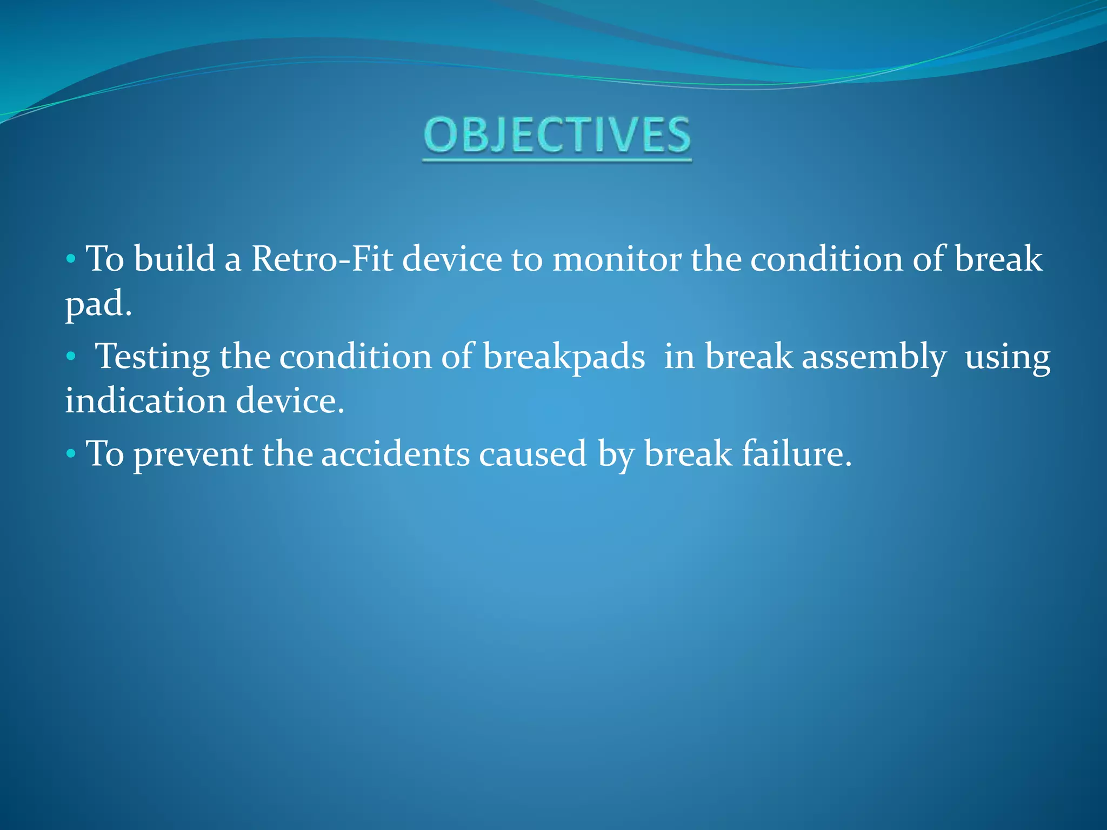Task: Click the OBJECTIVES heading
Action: pyautogui.click(x=557, y=135)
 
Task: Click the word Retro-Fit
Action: pyautogui.click(x=322, y=258)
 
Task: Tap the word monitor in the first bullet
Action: pyautogui.click(x=616, y=258)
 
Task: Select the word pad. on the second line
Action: pyautogui.click(x=98, y=304)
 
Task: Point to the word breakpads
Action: pyautogui.click(x=564, y=357)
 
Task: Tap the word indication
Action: pyautogui.click(x=145, y=401)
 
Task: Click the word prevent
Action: pyautogui.click(x=193, y=454)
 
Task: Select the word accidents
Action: pyautogui.click(x=395, y=454)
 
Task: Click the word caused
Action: pyautogui.click(x=532, y=454)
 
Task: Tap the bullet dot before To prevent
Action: pyautogui.click(x=70, y=454)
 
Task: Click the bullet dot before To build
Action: pyautogui.click(x=70, y=259)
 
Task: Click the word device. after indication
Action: pyautogui.click(x=290, y=401)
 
